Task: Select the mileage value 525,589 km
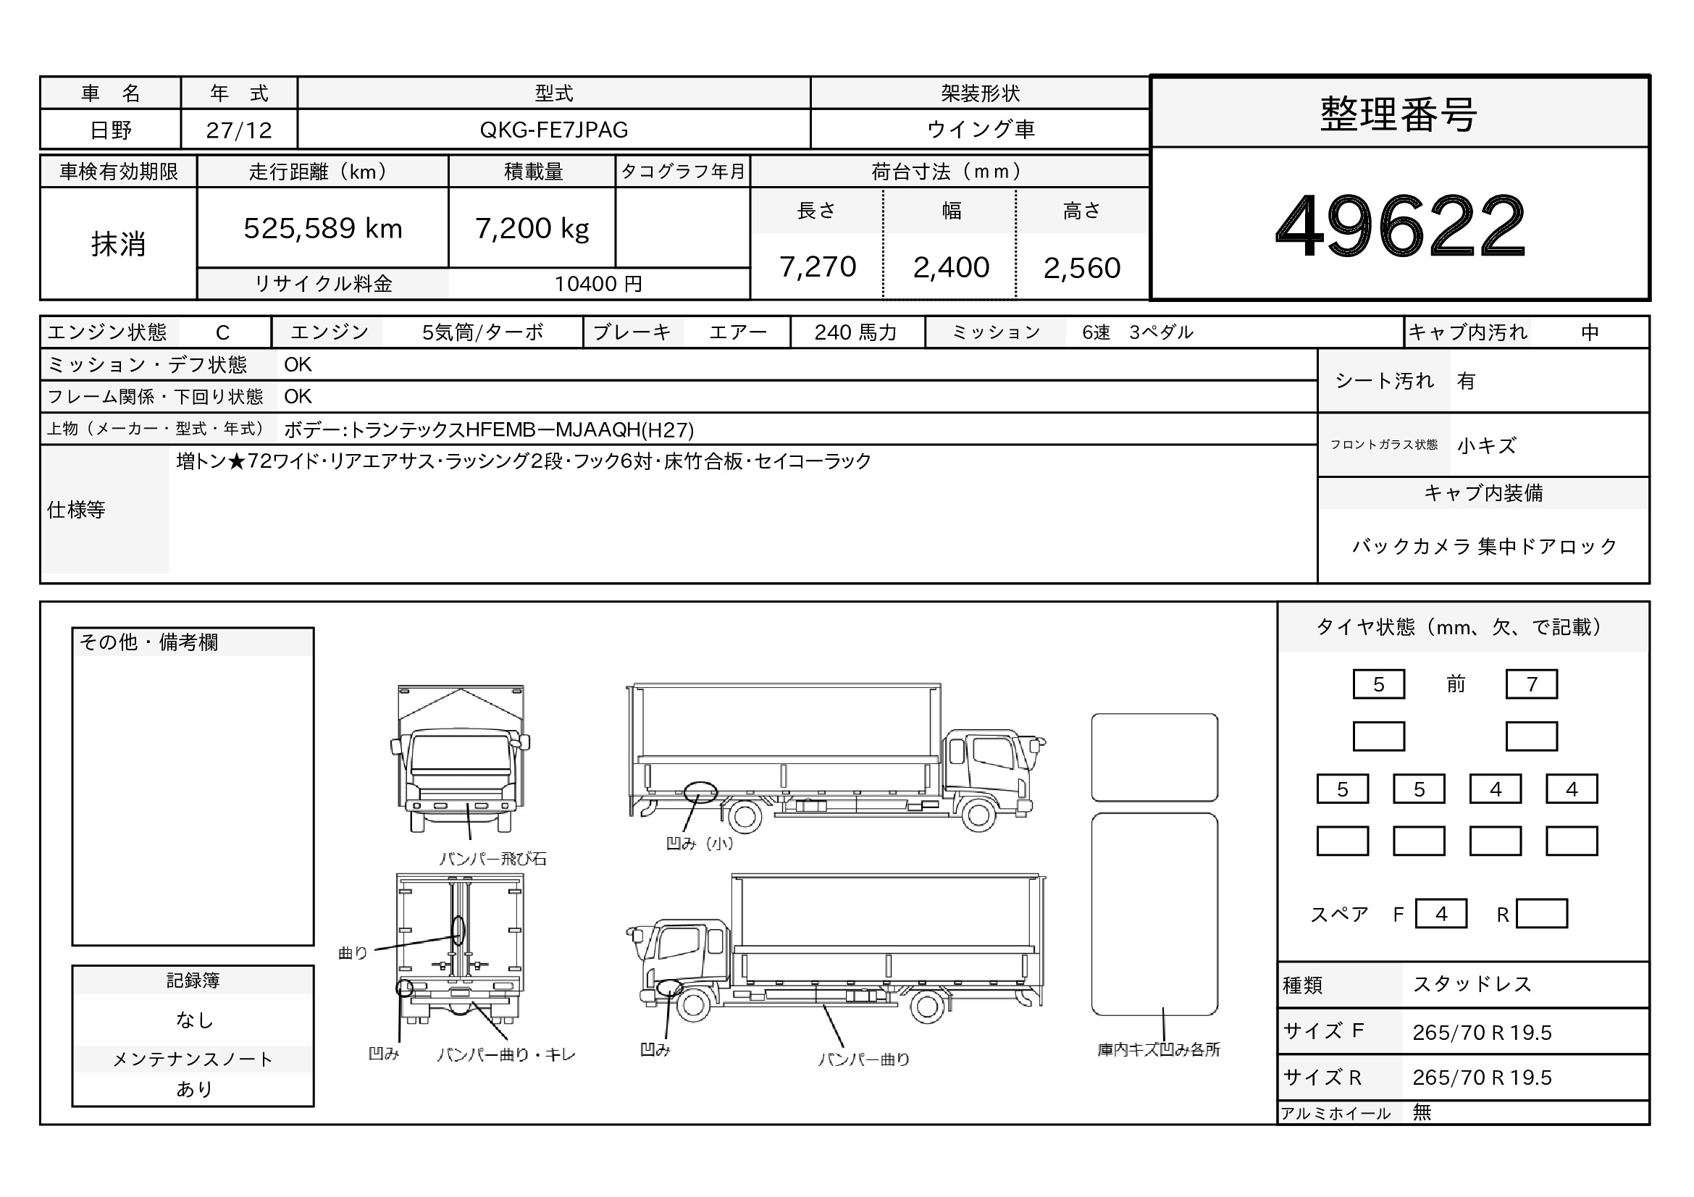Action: [323, 229]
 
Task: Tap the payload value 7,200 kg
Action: [532, 229]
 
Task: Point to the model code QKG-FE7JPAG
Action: [554, 130]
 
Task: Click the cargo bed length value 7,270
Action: [818, 267]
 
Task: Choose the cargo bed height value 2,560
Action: [1081, 268]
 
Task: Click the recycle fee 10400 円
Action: [598, 284]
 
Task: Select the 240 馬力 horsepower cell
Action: [855, 332]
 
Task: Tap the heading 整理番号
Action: [1399, 114]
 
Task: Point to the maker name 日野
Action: [111, 130]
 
